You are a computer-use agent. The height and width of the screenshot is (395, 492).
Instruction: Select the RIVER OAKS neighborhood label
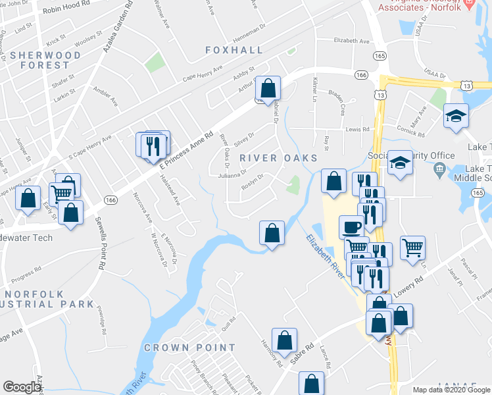(278, 158)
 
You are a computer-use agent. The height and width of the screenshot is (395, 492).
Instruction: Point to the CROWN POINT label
(189, 348)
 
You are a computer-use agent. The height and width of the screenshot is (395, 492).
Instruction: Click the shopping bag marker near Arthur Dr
(268, 88)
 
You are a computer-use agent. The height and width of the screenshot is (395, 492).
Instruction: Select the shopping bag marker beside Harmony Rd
(284, 340)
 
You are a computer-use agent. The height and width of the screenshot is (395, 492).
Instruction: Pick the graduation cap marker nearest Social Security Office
(399, 162)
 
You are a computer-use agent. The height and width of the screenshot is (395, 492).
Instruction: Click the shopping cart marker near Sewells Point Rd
(61, 193)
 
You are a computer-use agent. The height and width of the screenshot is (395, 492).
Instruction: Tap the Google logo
(22, 387)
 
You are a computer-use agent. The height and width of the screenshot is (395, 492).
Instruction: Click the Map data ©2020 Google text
(451, 390)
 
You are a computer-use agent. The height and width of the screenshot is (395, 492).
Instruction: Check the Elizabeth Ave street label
(352, 41)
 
